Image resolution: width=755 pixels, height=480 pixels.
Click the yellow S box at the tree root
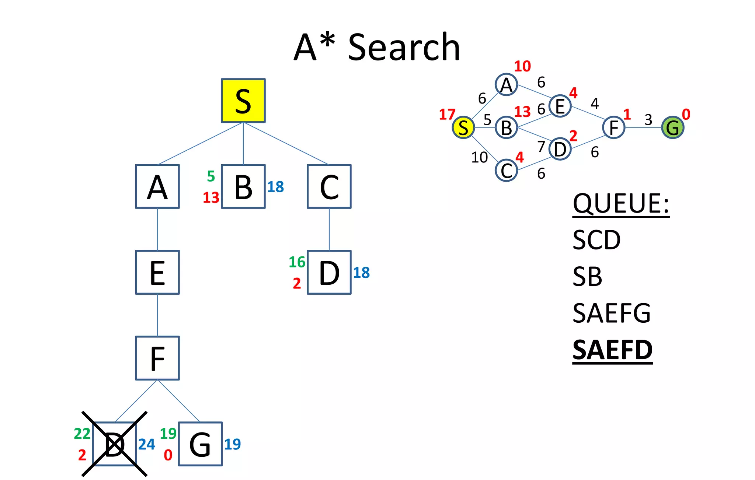(x=243, y=101)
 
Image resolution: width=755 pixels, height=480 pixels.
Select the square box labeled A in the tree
(x=157, y=186)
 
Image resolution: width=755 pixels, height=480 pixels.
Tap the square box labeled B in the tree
(x=243, y=186)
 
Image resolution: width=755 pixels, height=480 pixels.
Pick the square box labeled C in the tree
(x=329, y=186)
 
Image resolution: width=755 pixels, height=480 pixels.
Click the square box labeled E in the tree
(x=157, y=272)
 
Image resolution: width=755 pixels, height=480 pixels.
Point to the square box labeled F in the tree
(x=157, y=358)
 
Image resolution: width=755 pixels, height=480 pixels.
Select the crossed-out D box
(x=114, y=444)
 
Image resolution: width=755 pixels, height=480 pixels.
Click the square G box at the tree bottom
(x=200, y=444)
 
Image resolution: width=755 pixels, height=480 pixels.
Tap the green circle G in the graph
(x=672, y=127)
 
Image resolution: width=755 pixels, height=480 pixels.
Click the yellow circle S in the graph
(x=463, y=127)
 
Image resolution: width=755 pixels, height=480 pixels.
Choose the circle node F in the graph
(x=613, y=127)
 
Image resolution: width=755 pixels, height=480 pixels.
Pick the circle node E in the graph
(x=560, y=106)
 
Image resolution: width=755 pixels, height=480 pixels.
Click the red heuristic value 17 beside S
(x=447, y=115)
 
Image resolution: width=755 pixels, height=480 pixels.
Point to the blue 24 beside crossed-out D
(x=146, y=444)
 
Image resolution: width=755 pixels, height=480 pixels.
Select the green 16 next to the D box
(x=297, y=262)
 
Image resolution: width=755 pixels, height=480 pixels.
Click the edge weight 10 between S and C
(x=479, y=158)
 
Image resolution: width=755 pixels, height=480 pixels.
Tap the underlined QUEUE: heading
(x=621, y=204)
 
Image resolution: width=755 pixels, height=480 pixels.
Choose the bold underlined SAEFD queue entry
(x=612, y=350)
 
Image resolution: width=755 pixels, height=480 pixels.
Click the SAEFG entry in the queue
(x=612, y=313)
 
